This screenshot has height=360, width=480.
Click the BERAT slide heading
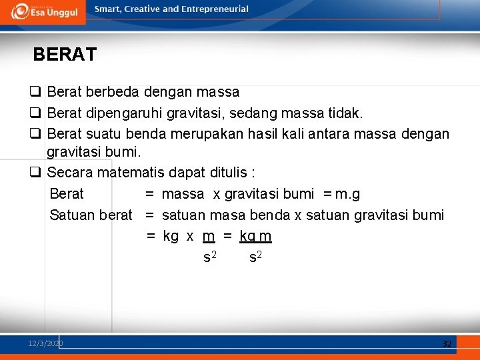pyautogui.click(x=65, y=55)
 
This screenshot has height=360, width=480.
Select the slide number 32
pyautogui.click(x=447, y=343)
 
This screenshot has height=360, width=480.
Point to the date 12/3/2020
pyautogui.click(x=45, y=343)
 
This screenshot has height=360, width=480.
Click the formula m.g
pyautogui.click(x=347, y=194)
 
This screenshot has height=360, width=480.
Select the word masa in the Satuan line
pyautogui.click(x=229, y=215)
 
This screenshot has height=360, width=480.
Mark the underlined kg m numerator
pyautogui.click(x=255, y=237)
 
